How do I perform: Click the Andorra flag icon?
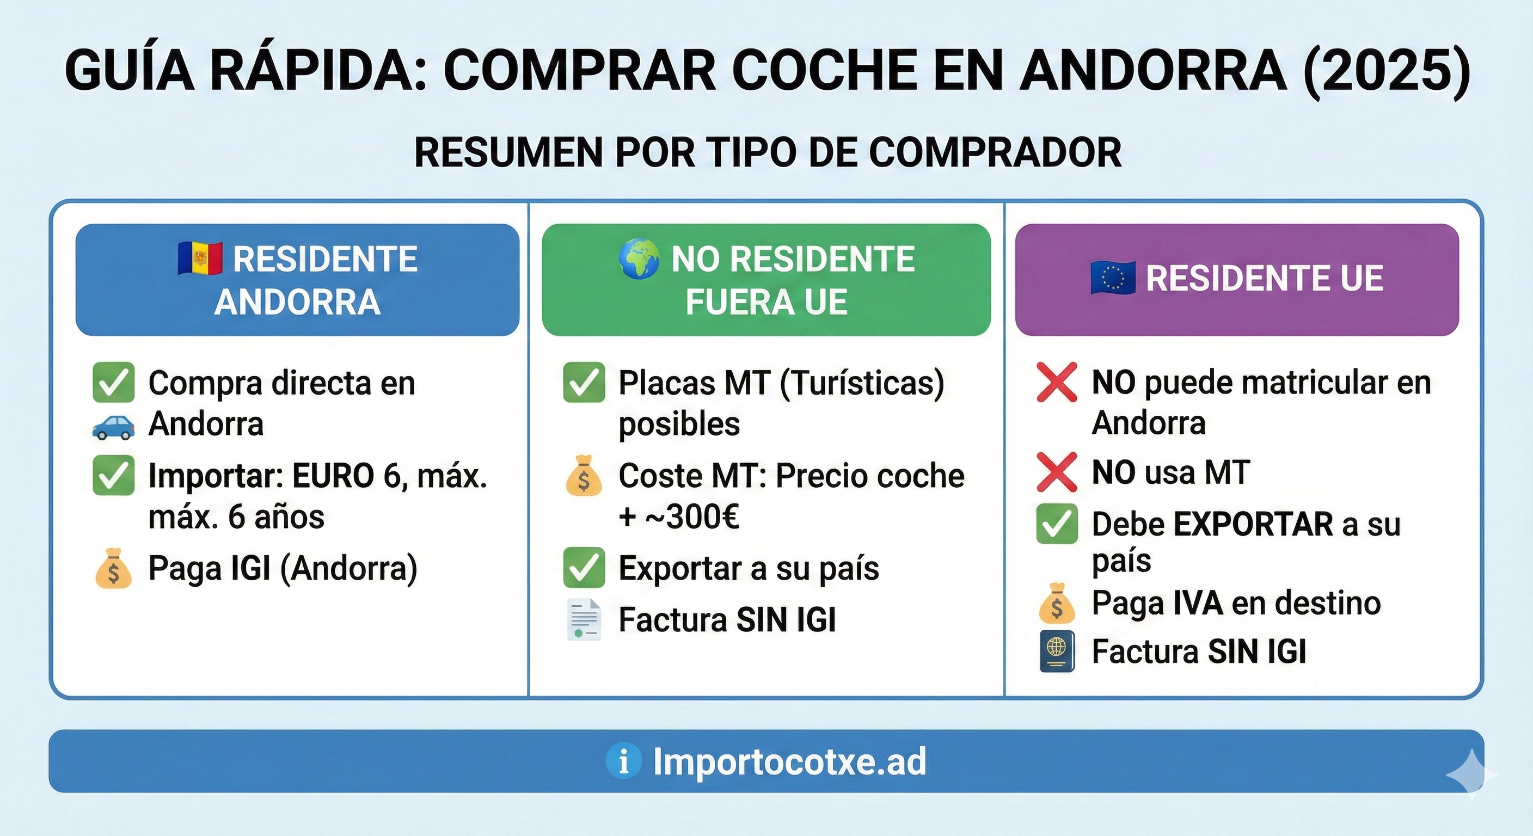[200, 259]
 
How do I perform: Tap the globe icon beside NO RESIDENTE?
[639, 259]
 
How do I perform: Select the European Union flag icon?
[1112, 278]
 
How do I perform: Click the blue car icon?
[113, 427]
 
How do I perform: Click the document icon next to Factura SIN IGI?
[584, 620]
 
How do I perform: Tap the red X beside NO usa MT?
[1057, 472]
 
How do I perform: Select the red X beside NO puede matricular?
[1057, 383]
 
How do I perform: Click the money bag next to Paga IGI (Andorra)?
[113, 569]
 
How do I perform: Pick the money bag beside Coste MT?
[584, 476]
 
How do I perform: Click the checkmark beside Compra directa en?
[113, 383]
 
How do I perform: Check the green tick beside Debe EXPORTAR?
[1057, 524]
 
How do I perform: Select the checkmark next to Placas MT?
[584, 383]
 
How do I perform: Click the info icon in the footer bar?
[623, 761]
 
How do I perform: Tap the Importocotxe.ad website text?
[790, 761]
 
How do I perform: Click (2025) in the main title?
[1386, 71]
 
